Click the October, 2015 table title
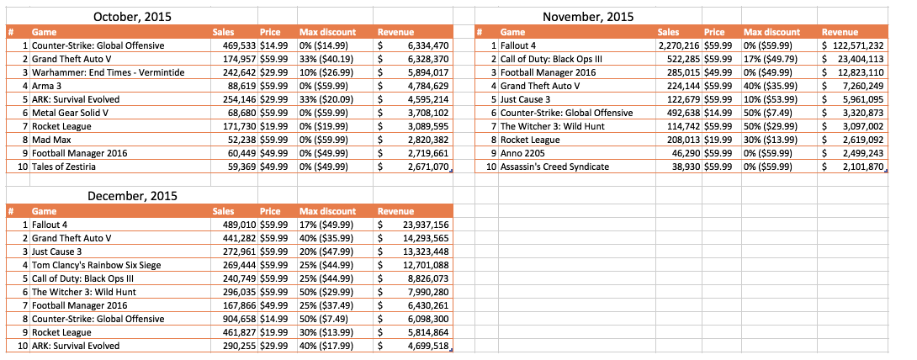click(133, 17)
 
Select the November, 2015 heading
click(588, 17)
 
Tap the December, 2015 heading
click(133, 196)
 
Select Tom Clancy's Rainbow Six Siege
click(97, 265)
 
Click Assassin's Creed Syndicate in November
click(554, 167)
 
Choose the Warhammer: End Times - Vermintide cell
click(109, 72)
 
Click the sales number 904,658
click(239, 319)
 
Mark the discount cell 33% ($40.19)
click(324, 59)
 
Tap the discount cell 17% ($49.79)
click(768, 59)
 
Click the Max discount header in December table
click(327, 211)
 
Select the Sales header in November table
click(669, 32)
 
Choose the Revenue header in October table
click(396, 32)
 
